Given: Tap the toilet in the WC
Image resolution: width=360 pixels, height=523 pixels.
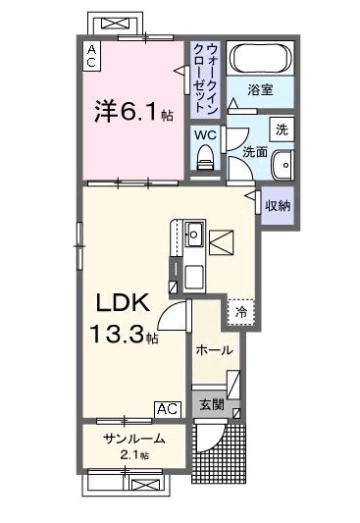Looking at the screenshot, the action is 205,158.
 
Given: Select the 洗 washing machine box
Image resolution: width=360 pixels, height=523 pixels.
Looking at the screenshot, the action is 282,130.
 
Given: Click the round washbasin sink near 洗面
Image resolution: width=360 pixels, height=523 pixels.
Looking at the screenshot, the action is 283,165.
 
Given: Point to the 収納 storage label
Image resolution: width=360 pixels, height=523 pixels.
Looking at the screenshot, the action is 278,206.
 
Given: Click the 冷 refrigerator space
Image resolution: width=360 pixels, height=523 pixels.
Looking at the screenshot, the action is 241,313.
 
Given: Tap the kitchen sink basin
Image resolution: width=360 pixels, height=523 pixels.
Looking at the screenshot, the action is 193,234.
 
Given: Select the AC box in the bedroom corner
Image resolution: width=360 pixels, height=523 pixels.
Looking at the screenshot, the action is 91,56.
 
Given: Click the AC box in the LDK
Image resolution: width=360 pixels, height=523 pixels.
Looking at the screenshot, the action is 168,409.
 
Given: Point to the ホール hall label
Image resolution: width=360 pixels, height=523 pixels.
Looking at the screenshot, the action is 214,350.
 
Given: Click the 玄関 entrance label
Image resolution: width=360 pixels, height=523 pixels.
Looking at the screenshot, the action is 212,404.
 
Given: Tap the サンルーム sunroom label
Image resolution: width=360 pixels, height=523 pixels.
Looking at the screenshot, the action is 134,439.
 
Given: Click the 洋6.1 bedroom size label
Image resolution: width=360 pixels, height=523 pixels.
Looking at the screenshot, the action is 133,111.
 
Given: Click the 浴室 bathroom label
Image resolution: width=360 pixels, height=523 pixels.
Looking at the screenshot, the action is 260,89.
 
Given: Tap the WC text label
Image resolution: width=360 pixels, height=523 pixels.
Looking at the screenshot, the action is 205,135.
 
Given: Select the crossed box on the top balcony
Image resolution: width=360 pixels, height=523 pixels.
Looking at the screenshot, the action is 115,23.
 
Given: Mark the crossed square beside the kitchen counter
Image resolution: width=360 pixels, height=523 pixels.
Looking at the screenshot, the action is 221,242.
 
